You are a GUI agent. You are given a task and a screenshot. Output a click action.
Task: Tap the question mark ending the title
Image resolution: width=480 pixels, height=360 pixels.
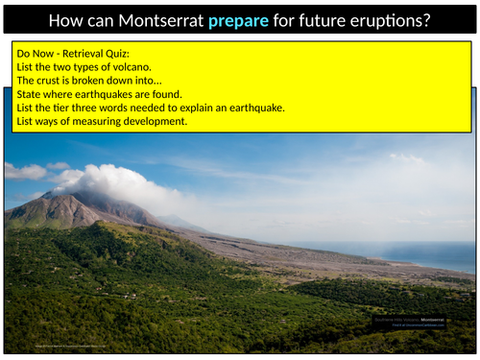coord(425,18)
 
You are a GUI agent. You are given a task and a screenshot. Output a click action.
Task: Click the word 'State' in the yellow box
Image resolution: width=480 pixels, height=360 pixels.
coord(32,94)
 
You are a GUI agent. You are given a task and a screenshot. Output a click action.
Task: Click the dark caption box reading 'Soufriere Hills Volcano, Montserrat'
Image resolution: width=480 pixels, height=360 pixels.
coord(417,321)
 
